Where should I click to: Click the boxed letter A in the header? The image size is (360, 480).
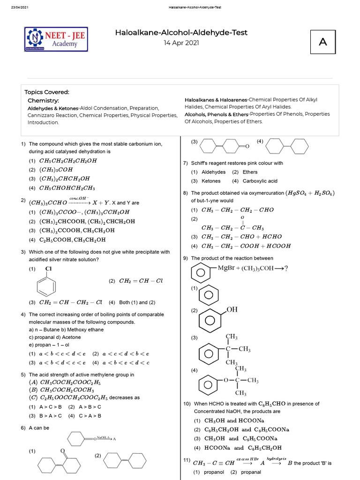[x=322, y=42]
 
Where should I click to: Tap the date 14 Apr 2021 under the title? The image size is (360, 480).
[x=181, y=43]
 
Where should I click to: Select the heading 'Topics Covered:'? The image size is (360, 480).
[x=47, y=92]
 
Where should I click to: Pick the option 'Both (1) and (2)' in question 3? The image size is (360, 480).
[x=135, y=302]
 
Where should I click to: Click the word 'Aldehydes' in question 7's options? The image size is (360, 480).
[x=213, y=172]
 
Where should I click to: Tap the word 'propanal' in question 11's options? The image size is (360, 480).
[x=251, y=472]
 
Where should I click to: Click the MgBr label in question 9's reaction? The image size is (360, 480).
[x=228, y=268]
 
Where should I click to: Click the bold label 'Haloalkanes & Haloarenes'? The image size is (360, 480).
[x=216, y=100]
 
